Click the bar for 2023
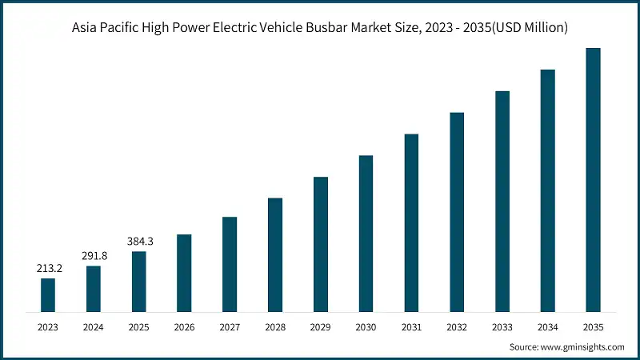(x=48, y=294)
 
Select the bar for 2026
(x=184, y=273)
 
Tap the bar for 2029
(x=321, y=244)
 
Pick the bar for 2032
(x=457, y=211)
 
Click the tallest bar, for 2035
(x=593, y=179)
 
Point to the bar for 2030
(x=366, y=233)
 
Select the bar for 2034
(x=547, y=190)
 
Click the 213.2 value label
(x=48, y=269)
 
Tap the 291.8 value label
(x=94, y=256)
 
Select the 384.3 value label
(x=139, y=242)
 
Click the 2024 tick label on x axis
(x=94, y=327)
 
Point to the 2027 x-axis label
(x=230, y=327)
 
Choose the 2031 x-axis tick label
(x=411, y=327)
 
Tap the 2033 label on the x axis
(x=502, y=327)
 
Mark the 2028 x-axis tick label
(x=275, y=327)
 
